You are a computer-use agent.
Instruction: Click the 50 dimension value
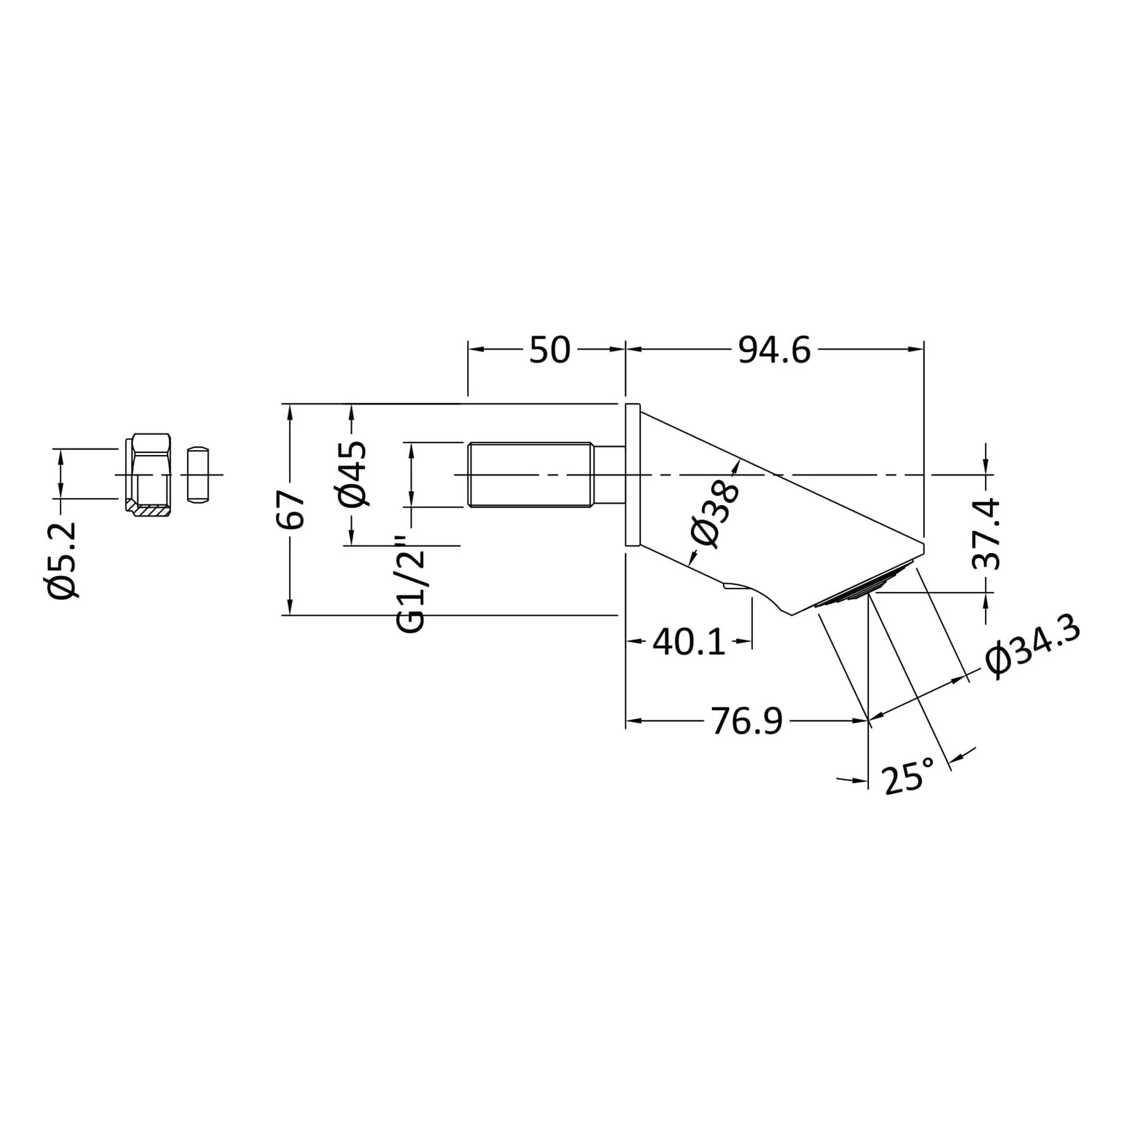point(550,350)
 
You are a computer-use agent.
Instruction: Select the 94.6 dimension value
point(774,351)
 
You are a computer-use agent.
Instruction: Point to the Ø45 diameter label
point(353,473)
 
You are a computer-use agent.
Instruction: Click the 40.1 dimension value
point(688,642)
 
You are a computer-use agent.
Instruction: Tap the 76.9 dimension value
point(748,721)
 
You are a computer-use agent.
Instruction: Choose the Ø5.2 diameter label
point(64,560)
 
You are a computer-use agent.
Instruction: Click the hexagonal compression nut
point(148,475)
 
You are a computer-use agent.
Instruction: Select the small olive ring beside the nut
point(198,475)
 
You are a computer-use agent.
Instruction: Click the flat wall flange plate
point(633,475)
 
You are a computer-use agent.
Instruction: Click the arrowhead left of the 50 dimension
point(476,350)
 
